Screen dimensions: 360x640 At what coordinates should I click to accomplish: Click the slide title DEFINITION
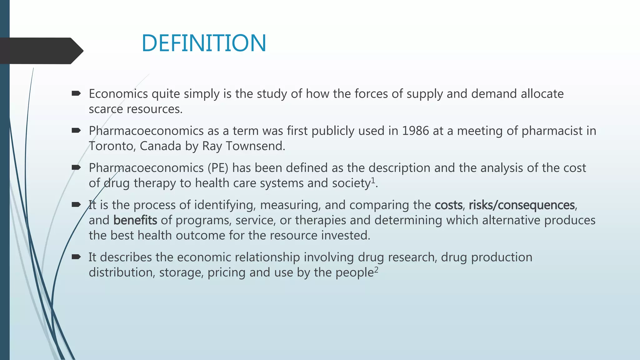tap(204, 43)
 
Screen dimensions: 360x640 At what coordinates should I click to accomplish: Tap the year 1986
tap(415, 131)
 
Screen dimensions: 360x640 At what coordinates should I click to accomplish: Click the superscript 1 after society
tap(372, 180)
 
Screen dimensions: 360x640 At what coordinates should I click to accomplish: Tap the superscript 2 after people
tap(376, 270)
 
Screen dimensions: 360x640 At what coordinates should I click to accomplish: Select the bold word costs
tap(448, 205)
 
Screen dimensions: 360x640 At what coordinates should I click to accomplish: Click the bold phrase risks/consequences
tap(522, 205)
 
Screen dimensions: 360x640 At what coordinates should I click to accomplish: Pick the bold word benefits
tap(135, 220)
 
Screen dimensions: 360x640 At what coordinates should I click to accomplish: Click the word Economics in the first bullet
tap(118, 94)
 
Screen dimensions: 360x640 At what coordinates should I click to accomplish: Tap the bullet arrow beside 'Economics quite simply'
tap(76, 93)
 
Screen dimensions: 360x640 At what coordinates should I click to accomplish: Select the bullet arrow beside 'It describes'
tap(76, 257)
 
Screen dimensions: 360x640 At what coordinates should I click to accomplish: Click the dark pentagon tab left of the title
tap(41, 51)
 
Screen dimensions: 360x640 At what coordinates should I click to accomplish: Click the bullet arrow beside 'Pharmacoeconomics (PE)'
tap(76, 167)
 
